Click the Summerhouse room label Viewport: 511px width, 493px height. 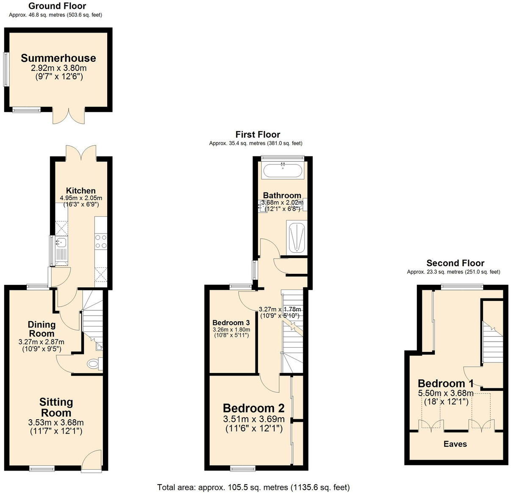[58, 58]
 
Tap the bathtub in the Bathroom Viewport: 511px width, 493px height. [283, 171]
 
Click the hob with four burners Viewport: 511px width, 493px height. [101, 242]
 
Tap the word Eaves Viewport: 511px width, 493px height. [455, 444]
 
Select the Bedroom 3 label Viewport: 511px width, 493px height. [231, 323]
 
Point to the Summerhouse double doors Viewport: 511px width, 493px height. [69, 116]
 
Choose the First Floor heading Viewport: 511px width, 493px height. [258, 134]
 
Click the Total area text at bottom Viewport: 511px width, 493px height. [253, 487]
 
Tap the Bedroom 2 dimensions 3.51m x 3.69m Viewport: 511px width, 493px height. [254, 419]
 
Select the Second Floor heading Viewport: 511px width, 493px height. [455, 263]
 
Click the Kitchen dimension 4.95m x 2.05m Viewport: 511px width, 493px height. [81, 198]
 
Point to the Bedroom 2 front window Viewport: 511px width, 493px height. [243, 468]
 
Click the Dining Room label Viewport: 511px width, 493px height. [42, 329]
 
